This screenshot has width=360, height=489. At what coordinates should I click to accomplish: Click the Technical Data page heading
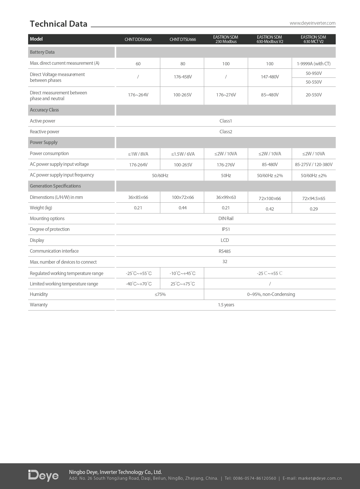point(59,24)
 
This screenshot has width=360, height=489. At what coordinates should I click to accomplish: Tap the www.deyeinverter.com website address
point(312,23)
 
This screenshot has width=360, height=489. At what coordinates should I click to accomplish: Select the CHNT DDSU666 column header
point(138,39)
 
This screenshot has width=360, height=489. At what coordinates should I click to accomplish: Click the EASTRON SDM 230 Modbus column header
point(226,39)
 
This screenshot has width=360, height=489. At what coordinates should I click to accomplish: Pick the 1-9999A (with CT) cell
point(314,64)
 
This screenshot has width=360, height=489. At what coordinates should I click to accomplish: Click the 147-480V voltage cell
point(270,77)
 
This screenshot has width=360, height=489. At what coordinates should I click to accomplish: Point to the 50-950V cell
point(314,73)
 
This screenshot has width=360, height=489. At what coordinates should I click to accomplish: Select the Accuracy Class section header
point(44,110)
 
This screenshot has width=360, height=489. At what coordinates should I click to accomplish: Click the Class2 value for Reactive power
point(226,132)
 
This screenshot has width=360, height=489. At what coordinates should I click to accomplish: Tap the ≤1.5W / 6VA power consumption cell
point(183,154)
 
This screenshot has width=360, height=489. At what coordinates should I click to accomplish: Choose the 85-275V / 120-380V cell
point(314,165)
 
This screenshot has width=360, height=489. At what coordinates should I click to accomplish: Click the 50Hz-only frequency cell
point(226,175)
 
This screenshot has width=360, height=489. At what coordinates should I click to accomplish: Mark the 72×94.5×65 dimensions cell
point(314,199)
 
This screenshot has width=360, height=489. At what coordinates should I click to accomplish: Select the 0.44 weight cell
point(183,208)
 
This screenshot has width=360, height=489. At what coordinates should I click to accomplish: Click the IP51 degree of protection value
point(226,229)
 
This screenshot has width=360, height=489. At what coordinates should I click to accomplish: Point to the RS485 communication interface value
point(225,251)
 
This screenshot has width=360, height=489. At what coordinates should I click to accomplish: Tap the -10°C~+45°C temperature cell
point(183,274)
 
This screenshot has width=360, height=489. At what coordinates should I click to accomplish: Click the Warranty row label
point(39,305)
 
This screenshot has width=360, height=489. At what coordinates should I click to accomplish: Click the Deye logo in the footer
point(44,475)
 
